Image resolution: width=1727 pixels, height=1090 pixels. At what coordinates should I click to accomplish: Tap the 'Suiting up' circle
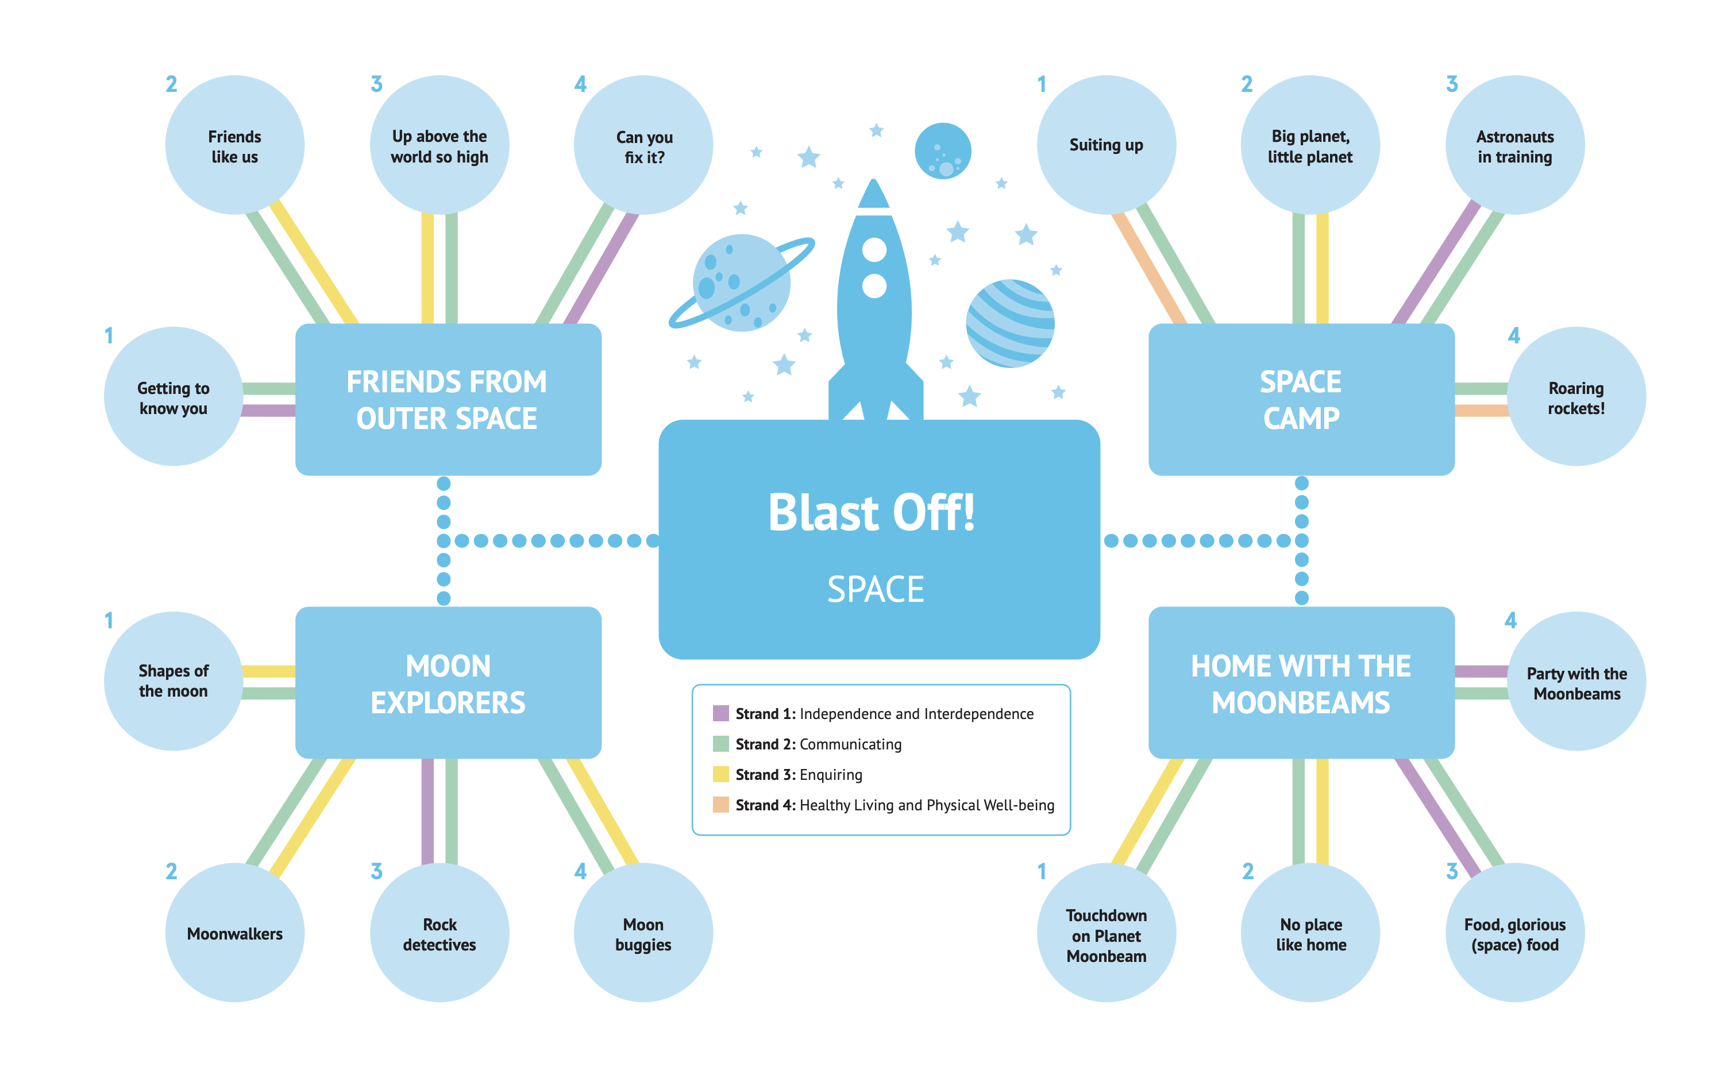pyautogui.click(x=1106, y=145)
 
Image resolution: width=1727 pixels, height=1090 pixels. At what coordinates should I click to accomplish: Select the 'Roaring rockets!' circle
pyautogui.click(x=1576, y=397)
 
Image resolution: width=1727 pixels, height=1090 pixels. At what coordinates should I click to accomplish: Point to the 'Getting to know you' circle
pyautogui.click(x=174, y=397)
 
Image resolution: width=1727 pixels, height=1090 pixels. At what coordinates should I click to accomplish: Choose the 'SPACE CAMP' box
pyautogui.click(x=1301, y=400)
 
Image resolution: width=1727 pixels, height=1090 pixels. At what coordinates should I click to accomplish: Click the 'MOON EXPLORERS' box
pyautogui.click(x=448, y=683)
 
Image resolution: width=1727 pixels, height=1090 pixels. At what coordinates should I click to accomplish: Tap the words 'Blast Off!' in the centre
pyautogui.click(x=872, y=513)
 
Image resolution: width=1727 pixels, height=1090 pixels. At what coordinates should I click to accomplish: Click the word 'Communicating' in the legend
pyautogui.click(x=851, y=744)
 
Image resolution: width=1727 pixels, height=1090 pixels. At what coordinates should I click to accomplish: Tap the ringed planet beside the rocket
pyautogui.click(x=742, y=283)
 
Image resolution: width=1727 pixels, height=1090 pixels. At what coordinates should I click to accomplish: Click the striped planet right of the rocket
pyautogui.click(x=1010, y=323)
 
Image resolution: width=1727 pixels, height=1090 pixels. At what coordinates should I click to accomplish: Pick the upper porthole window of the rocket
pyautogui.click(x=874, y=250)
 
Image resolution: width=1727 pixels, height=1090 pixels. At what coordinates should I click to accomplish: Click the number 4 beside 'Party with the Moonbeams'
pyautogui.click(x=1510, y=620)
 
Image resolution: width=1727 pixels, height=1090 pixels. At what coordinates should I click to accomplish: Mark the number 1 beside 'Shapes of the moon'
pyautogui.click(x=109, y=620)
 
